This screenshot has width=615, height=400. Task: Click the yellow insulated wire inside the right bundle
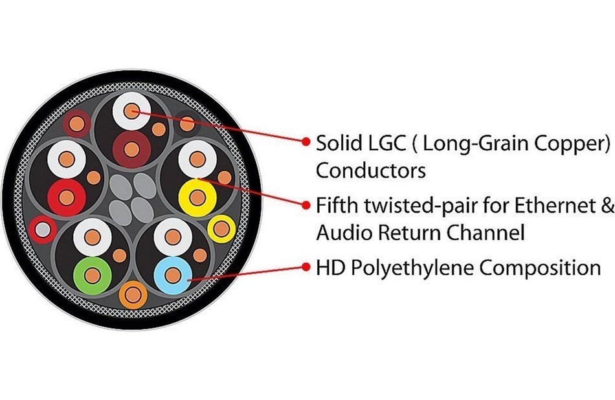pyautogui.click(x=197, y=197)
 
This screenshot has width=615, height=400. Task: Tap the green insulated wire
pyautogui.click(x=93, y=275)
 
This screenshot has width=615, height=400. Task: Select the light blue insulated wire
pyautogui.click(x=173, y=275)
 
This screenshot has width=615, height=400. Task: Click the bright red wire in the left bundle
pyautogui.click(x=67, y=197)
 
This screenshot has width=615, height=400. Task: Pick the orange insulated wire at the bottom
pyautogui.click(x=133, y=295)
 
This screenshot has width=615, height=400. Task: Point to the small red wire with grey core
pyautogui.click(x=43, y=230)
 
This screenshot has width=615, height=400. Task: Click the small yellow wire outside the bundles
pyautogui.click(x=221, y=229)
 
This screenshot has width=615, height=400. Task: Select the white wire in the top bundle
pyautogui.click(x=131, y=111)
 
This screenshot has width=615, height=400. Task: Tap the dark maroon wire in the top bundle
pyautogui.click(x=131, y=150)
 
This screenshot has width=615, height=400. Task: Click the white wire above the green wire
pyautogui.click(x=93, y=238)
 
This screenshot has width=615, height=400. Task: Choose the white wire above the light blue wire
pyautogui.click(x=173, y=237)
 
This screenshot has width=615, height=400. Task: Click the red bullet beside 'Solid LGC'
pyautogui.click(x=306, y=142)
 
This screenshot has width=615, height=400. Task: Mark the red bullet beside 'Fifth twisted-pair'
pyautogui.click(x=306, y=205)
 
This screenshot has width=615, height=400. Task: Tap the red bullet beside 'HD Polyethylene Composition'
pyautogui.click(x=306, y=267)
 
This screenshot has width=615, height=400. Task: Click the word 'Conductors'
pyautogui.click(x=371, y=171)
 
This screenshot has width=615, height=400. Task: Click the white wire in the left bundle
pyautogui.click(x=67, y=159)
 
